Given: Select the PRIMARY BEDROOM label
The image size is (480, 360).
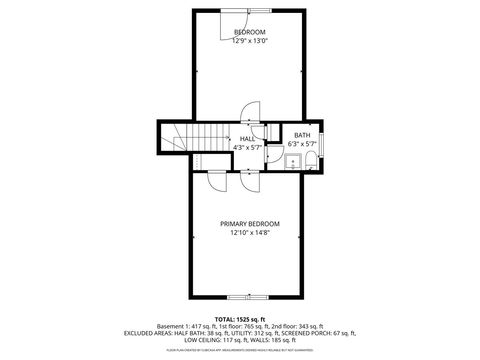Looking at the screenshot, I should [x=250, y=223].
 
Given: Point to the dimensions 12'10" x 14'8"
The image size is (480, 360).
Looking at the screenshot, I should [x=250, y=232].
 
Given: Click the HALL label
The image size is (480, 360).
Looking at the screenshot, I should [x=246, y=139].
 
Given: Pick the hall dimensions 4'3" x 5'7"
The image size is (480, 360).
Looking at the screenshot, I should [x=246, y=148].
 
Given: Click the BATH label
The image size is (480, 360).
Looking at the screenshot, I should [x=301, y=135].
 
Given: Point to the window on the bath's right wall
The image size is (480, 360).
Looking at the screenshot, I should [x=322, y=145].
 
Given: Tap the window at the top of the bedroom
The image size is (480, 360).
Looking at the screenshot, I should [x=237, y=9].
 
